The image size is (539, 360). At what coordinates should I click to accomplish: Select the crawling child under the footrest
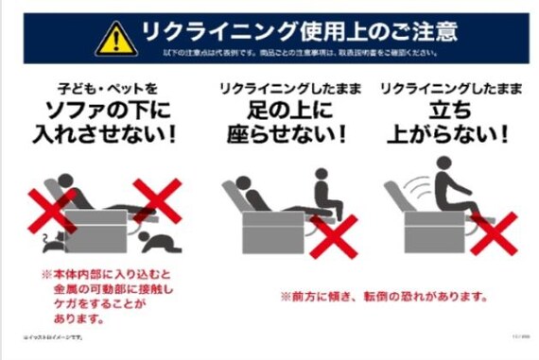[x=160, y=242]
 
